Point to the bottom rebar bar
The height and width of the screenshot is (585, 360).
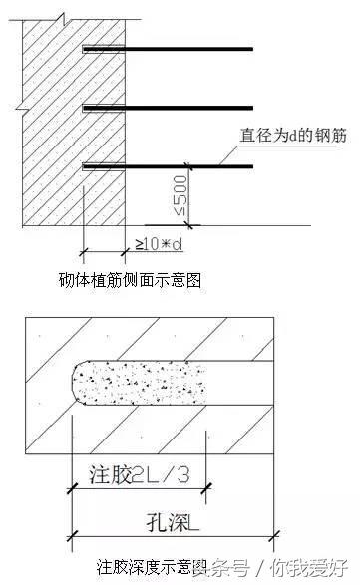tap(170, 165)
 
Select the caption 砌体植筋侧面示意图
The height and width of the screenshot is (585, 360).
tap(131, 280)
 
